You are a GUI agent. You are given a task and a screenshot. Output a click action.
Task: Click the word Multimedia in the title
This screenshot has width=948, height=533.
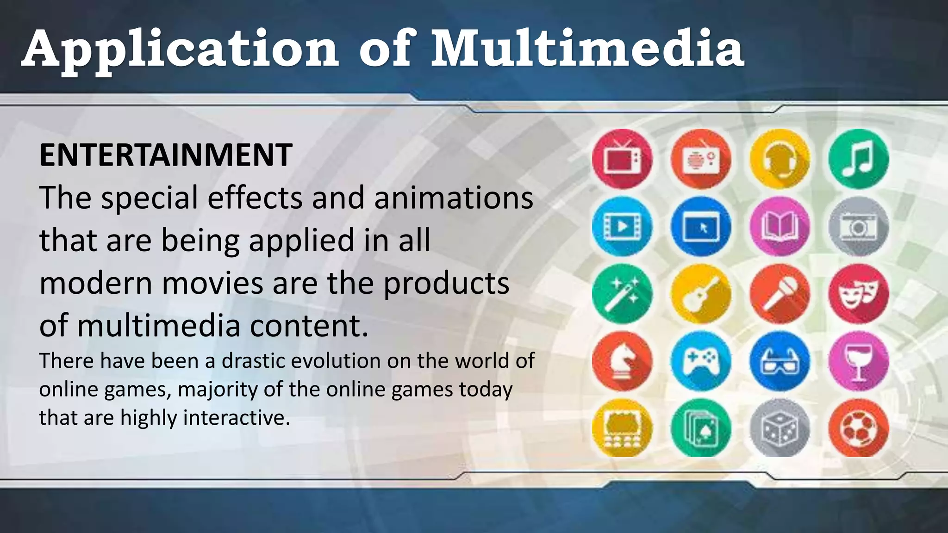[x=587, y=49]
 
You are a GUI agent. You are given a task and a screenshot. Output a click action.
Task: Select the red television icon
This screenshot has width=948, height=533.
[x=622, y=159]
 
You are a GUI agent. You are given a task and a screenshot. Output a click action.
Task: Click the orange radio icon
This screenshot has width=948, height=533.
[x=701, y=159]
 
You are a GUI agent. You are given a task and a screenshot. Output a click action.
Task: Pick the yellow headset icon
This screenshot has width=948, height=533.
[x=780, y=159]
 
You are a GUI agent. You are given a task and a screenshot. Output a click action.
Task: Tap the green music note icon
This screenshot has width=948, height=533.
[x=858, y=159]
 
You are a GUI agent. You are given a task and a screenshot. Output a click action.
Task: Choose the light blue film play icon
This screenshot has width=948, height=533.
[x=622, y=226]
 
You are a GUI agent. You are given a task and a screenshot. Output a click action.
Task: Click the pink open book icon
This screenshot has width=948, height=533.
[x=780, y=226]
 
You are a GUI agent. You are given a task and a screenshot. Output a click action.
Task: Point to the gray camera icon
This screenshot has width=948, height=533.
[x=858, y=226]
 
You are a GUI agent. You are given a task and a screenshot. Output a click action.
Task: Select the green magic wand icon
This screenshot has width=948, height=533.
[x=622, y=294]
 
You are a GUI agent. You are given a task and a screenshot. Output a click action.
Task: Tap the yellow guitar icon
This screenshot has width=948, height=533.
[x=701, y=294]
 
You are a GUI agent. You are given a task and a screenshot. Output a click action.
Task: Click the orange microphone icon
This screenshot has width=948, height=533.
[x=780, y=294]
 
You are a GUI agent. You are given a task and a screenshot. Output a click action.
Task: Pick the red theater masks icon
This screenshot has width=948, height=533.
[x=858, y=294]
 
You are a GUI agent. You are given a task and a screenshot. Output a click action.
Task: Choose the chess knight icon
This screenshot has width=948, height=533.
[x=622, y=361]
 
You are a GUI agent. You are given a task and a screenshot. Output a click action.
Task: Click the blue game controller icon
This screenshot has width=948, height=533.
[x=701, y=361]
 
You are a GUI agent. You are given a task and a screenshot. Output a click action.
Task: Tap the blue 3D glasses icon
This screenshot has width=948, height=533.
[x=780, y=361]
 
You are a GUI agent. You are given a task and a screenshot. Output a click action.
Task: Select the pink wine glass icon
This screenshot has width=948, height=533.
[x=858, y=361]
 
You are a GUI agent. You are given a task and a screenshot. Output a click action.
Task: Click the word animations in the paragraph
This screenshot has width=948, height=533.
[x=454, y=198]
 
